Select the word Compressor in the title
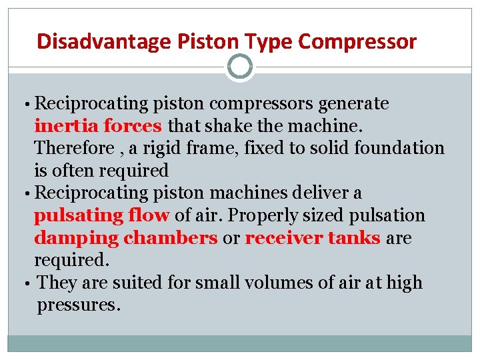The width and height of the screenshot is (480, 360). pyautogui.click(x=357, y=42)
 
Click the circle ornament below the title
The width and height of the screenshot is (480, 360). pyautogui.click(x=240, y=67)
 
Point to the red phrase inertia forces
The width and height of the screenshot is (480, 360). pyautogui.click(x=98, y=126)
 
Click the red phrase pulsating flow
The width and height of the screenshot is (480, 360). pyautogui.click(x=102, y=215)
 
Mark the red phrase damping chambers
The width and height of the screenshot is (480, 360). pyautogui.click(x=125, y=238)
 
